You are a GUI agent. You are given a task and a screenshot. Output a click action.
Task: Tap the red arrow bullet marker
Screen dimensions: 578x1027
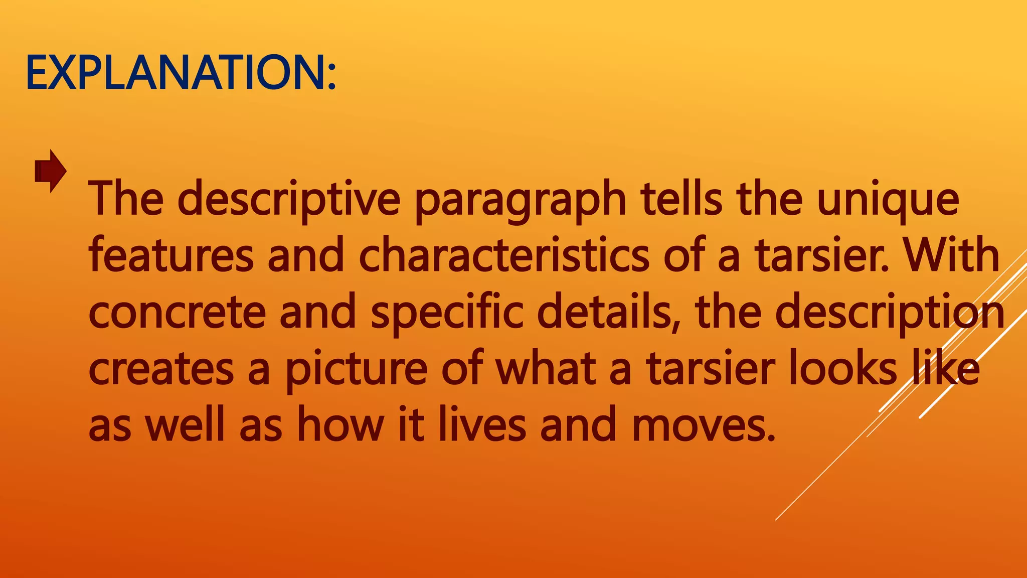pyautogui.click(x=50, y=171)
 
